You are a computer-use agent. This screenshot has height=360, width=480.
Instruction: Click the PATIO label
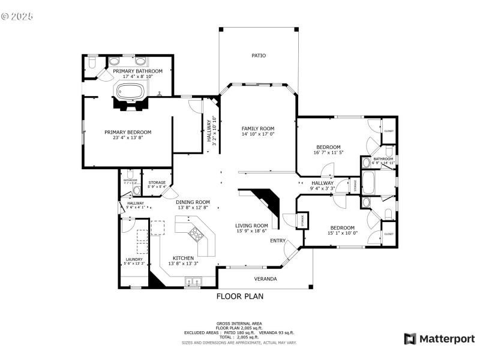click(259, 56)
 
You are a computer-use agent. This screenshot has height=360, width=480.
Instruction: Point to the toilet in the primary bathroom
click(92, 62)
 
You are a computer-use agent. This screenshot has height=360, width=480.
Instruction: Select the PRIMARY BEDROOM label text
click(128, 132)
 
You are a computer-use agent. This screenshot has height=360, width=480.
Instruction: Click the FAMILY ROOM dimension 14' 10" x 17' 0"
click(258, 134)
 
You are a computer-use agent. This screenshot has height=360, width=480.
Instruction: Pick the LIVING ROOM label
click(251, 226)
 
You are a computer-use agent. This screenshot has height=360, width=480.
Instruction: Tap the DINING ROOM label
click(193, 202)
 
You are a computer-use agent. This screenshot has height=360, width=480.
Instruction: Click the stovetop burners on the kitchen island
click(196, 235)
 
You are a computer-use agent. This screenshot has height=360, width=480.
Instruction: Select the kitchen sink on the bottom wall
click(193, 280)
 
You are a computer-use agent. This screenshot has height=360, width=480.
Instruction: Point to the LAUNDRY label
click(134, 259)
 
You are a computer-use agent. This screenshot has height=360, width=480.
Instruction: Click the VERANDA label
click(265, 279)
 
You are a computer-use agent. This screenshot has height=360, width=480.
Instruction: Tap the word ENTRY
click(278, 241)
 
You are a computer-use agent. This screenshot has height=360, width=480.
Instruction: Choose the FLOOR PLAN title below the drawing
click(240, 296)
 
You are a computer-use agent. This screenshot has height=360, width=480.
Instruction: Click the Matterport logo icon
click(410, 339)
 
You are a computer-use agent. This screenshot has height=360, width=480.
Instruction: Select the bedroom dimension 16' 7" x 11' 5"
click(328, 152)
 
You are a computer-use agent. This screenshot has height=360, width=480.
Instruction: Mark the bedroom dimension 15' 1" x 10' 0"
click(342, 233)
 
